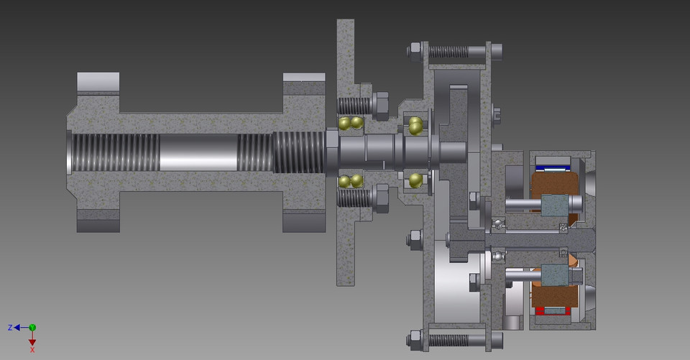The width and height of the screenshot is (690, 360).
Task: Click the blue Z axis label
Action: [10, 328]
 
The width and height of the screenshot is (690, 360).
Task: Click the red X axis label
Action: [32, 350]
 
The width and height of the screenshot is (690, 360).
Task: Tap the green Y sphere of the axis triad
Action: [32, 328]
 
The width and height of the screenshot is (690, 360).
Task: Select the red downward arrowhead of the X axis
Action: [32, 342]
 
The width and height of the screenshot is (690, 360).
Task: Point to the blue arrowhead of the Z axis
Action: [18, 328]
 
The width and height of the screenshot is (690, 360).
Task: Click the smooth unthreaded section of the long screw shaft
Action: [198, 152]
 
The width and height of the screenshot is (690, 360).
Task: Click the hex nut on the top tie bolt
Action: [415, 51]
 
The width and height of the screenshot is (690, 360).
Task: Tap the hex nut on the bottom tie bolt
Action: [415, 337]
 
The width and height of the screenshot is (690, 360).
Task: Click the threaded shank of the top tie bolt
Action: [448, 52]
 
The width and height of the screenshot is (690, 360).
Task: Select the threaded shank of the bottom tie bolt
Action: [448, 337]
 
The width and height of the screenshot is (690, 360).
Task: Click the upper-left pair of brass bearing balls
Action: [351, 123]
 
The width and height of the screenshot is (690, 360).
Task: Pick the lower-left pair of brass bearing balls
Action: [351, 180]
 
